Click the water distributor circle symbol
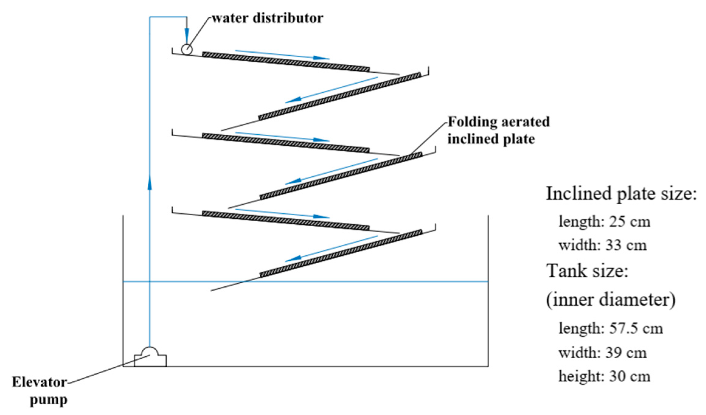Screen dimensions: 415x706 tap(187, 49)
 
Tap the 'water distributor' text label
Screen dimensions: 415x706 tap(268, 18)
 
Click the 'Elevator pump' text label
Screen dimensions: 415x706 tap(40, 391)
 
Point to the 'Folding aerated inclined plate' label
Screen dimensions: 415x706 tap(499, 130)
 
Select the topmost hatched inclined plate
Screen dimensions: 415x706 tap(286, 62)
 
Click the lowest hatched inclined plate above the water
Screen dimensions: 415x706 tap(341, 254)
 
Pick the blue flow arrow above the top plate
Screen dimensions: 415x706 tap(282, 54)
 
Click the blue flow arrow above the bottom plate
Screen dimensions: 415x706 tap(331, 248)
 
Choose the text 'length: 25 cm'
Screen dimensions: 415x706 tap(604, 222)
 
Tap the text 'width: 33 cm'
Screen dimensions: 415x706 tap(602, 245)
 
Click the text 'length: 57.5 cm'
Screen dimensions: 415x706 tap(611, 328)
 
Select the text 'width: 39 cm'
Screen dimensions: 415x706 tap(602, 353)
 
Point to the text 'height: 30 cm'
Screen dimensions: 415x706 tap(604, 376)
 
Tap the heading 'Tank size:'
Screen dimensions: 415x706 tap(587, 271)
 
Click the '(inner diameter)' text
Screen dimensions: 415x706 tap(611, 300)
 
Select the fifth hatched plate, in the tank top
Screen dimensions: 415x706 tap(286, 220)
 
